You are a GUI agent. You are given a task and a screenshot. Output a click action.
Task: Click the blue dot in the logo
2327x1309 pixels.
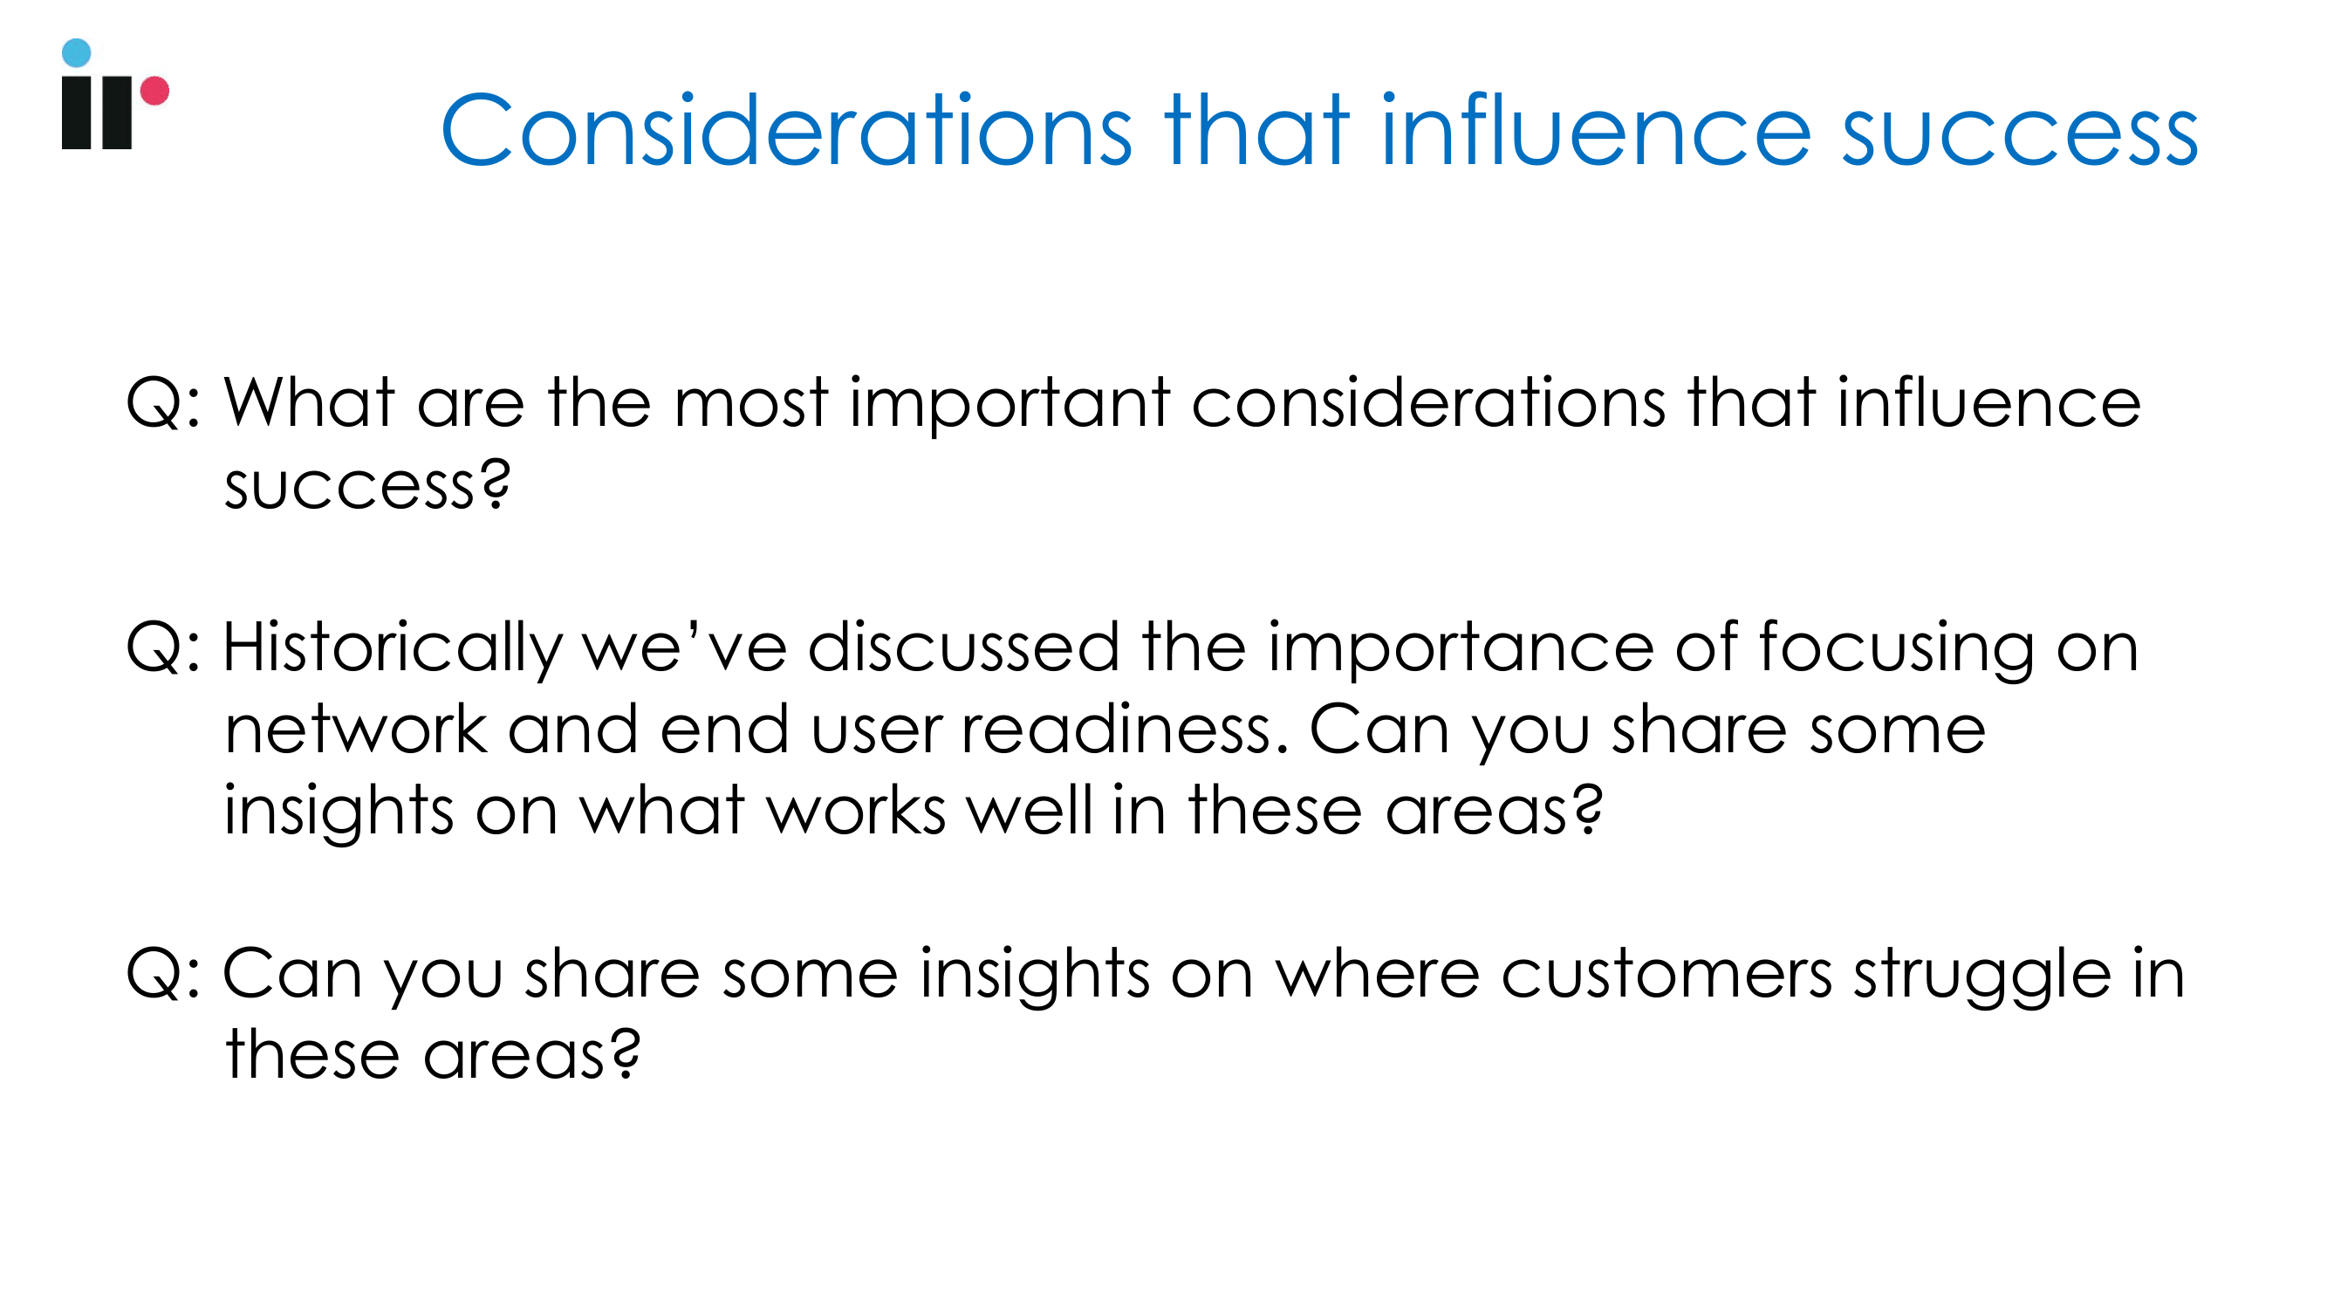click(x=76, y=52)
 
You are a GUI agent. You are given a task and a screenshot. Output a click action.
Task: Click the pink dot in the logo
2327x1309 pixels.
click(x=154, y=91)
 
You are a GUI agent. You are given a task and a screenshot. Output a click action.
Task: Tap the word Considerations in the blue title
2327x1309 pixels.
click(x=786, y=131)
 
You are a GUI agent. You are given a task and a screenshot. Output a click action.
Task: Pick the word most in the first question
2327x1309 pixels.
click(x=751, y=404)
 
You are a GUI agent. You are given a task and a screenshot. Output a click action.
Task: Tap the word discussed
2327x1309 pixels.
click(x=964, y=647)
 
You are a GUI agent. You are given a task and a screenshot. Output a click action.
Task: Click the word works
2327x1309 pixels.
click(x=856, y=810)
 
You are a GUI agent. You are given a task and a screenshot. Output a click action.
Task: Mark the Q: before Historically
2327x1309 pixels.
click(x=162, y=648)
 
